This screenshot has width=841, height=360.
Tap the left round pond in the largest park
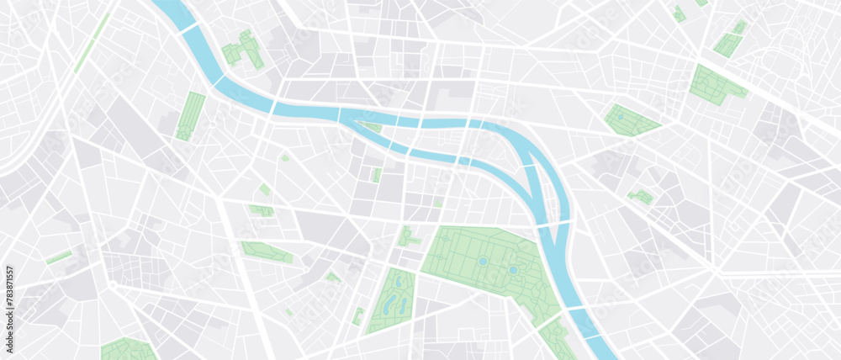[482, 262]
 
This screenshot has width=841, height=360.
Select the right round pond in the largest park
[512, 270]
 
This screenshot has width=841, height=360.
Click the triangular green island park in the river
[371, 127]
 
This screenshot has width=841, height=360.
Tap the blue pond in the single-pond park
[621, 117]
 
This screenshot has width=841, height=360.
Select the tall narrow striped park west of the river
[190, 116]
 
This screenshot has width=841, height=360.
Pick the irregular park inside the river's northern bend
[242, 50]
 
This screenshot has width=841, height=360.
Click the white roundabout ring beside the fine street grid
[112, 286]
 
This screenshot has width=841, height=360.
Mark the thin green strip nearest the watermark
[59, 257]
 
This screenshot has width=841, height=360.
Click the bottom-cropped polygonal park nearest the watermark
[128, 349]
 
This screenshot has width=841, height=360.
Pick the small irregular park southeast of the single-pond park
[641, 197]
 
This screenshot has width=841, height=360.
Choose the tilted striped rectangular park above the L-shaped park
[728, 40]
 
